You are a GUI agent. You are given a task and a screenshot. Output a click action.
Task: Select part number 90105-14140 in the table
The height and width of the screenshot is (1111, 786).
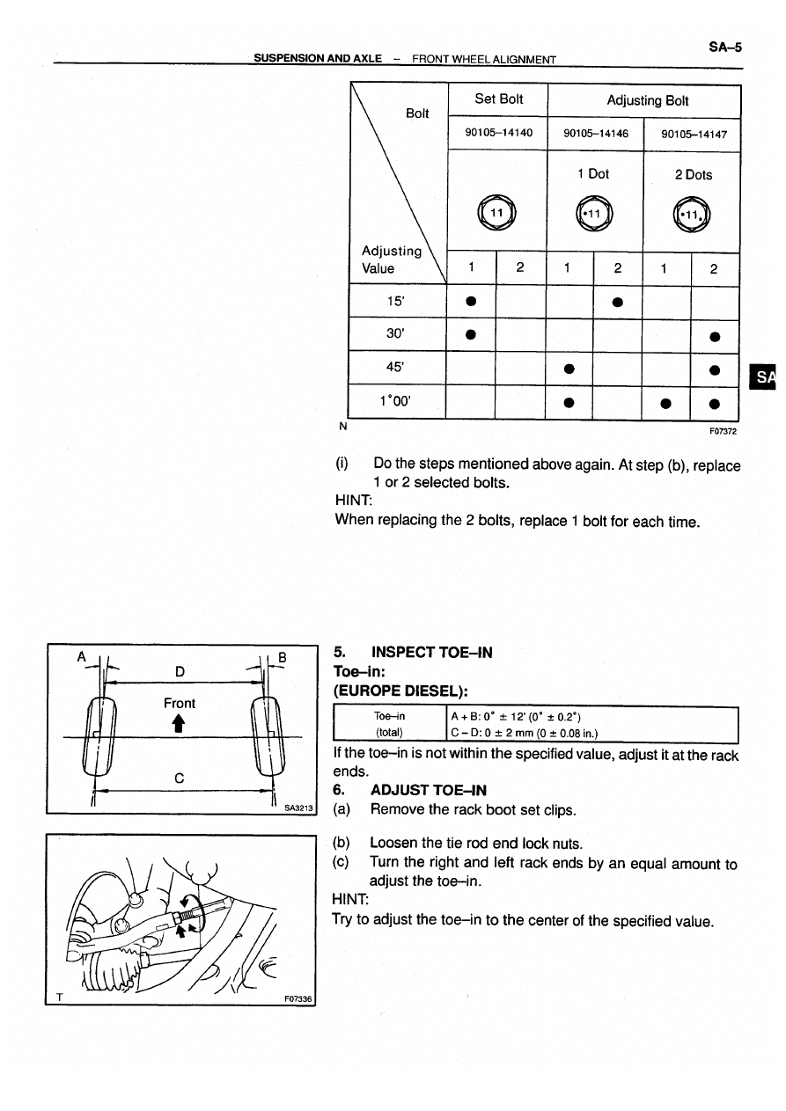click(x=498, y=134)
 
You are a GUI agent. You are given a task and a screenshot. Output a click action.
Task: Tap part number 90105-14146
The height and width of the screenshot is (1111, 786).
click(x=596, y=134)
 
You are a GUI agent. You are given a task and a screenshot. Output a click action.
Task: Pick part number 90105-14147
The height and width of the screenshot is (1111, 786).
click(x=693, y=134)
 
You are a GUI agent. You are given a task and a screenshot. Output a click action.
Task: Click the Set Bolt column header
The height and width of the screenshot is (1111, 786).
click(x=498, y=99)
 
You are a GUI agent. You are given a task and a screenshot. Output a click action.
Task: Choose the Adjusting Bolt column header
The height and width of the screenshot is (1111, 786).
click(x=647, y=100)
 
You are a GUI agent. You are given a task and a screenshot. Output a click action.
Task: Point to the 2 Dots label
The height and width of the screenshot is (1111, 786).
click(x=693, y=174)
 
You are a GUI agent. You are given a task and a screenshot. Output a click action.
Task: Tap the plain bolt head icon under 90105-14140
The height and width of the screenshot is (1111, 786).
click(x=497, y=214)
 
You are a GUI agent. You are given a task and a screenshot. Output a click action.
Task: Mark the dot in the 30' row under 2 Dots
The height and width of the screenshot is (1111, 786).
click(x=716, y=335)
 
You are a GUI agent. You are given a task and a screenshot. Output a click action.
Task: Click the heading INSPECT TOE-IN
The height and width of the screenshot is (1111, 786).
click(x=431, y=653)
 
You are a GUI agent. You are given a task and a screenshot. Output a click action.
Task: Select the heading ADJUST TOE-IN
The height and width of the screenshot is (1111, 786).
click(x=429, y=790)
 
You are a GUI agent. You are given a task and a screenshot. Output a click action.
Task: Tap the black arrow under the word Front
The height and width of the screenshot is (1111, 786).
click(x=179, y=723)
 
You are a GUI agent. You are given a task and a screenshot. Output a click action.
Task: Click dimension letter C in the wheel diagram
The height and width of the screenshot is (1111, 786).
click(x=179, y=778)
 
